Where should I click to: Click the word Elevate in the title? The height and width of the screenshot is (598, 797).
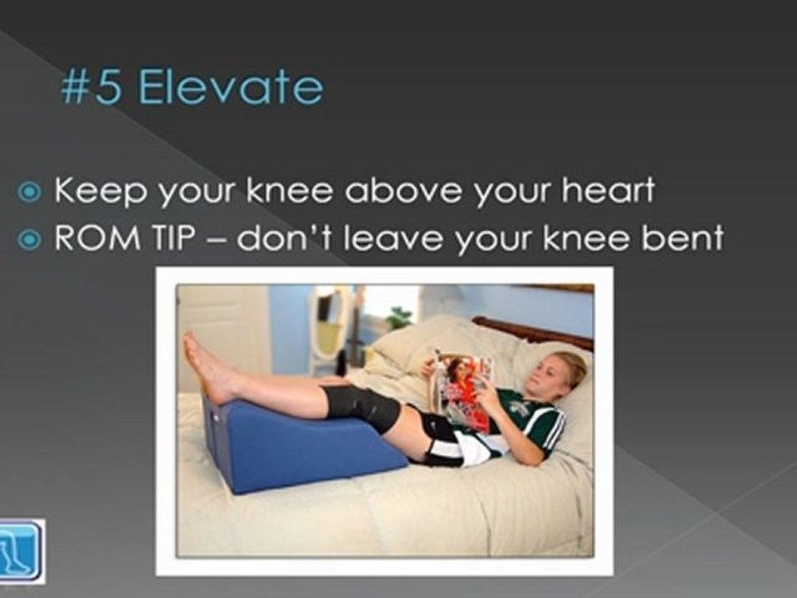coord(230,88)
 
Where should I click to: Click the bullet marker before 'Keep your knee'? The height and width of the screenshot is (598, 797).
coord(30,192)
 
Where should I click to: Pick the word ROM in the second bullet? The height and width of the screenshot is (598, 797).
coord(92,239)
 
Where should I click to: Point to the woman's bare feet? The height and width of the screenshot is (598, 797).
coord(203,365)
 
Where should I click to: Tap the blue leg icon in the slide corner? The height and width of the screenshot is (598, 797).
coord(22,551)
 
